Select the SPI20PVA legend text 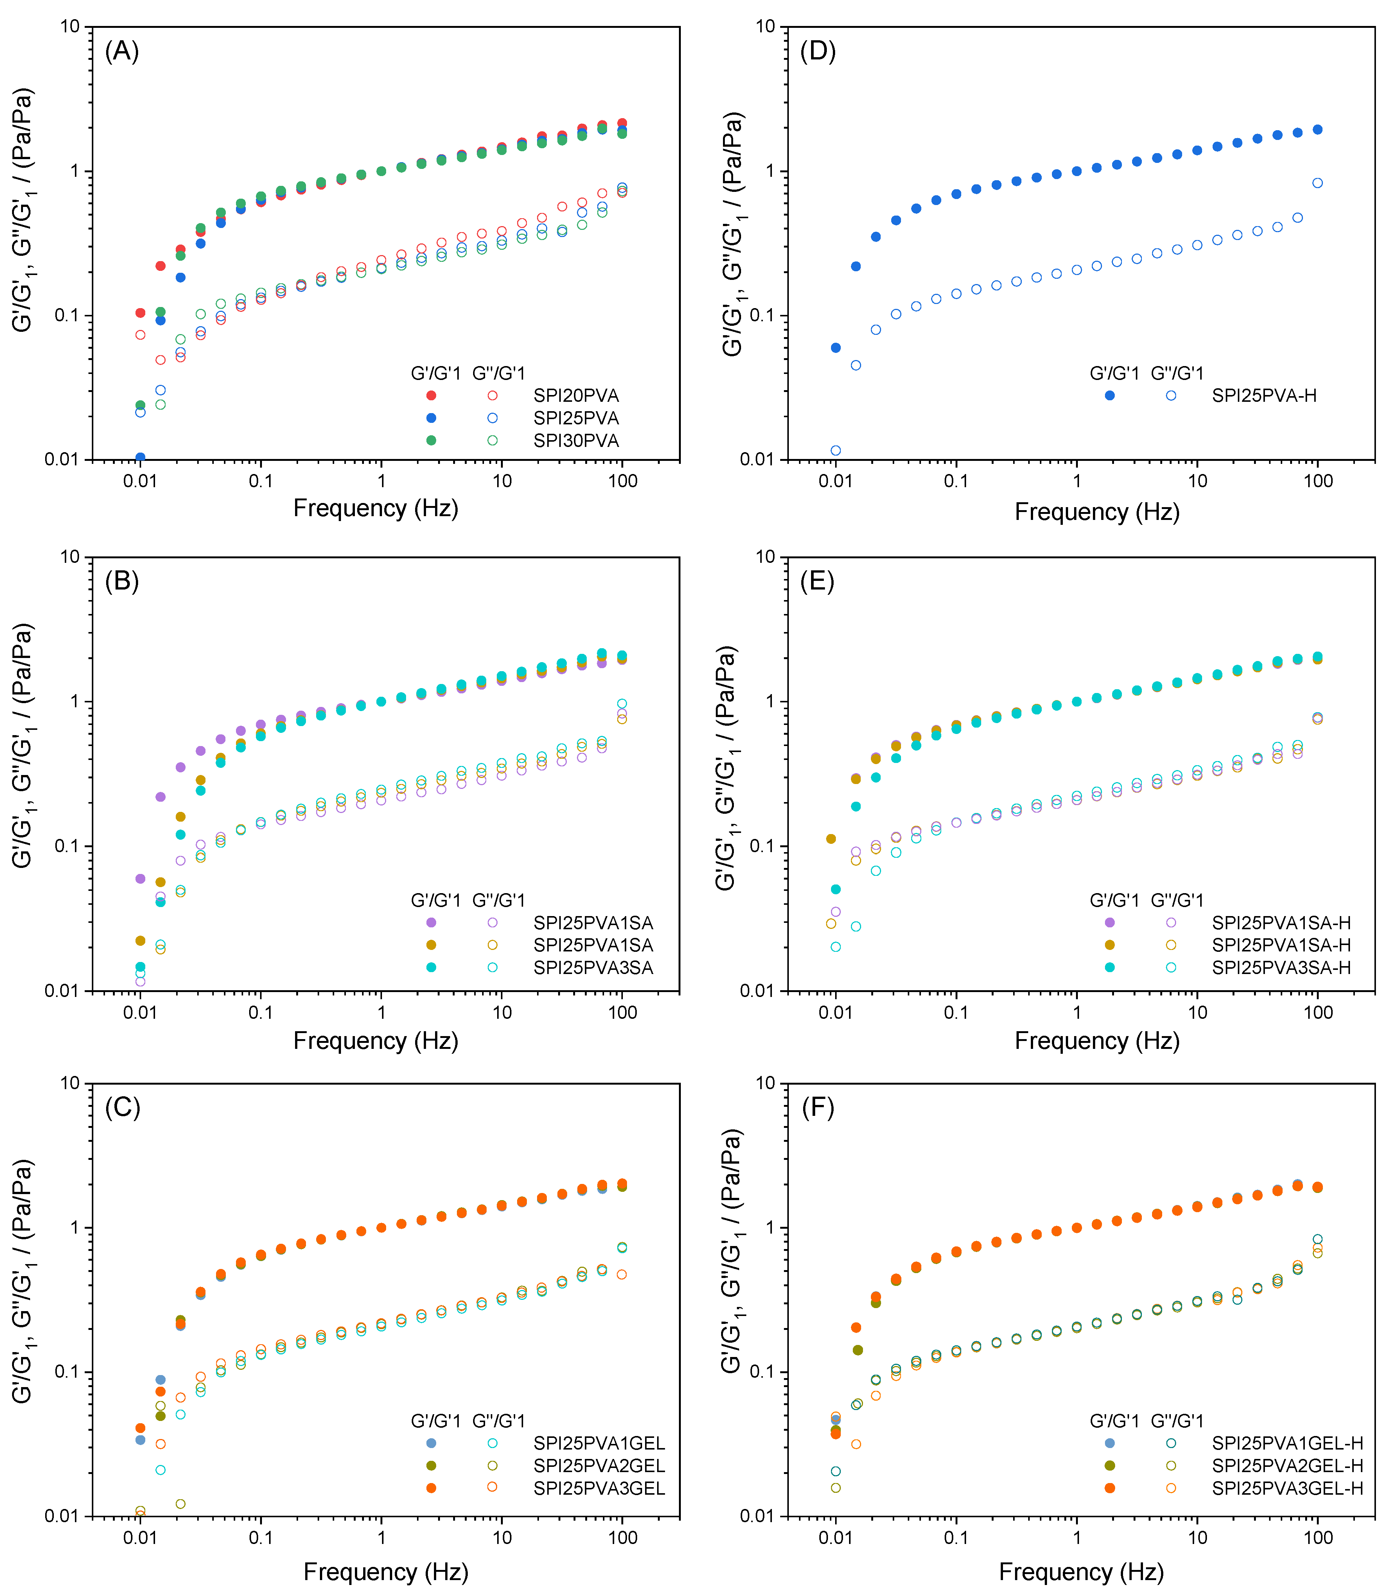point(576,396)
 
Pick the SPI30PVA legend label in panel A point(576,441)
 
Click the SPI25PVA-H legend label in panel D point(1264,396)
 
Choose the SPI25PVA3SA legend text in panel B point(593,968)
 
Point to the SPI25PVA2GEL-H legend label point(1287,1466)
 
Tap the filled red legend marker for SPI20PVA point(432,396)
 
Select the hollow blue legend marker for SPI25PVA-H point(1170,396)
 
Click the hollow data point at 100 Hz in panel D point(1317,183)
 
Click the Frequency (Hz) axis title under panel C point(386,1571)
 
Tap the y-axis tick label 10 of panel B point(70,556)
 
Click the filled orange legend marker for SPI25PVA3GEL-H point(1110,1489)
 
